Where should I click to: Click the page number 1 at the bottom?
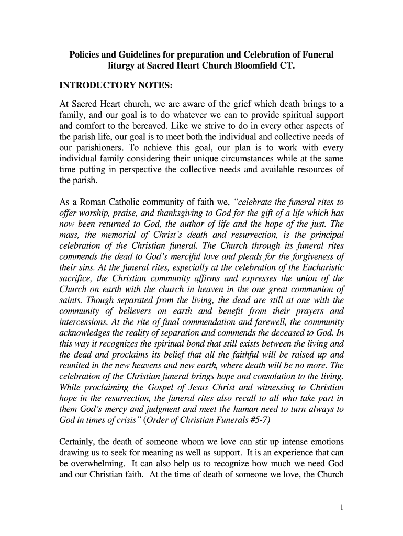(x=341, y=507)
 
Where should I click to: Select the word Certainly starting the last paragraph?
(x=79, y=443)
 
